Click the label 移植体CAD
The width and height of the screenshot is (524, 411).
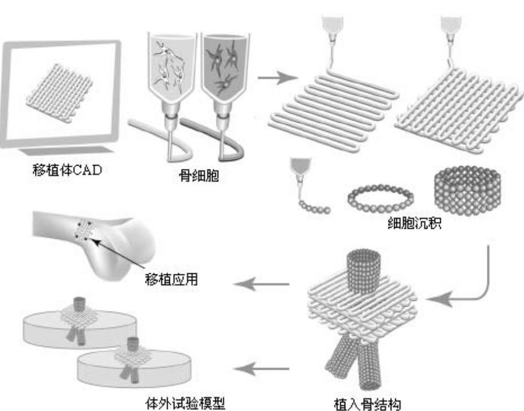[x=67, y=169]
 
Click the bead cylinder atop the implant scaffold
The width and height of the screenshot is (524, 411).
[x=361, y=272]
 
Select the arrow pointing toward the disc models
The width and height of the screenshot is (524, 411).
[x=261, y=367]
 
